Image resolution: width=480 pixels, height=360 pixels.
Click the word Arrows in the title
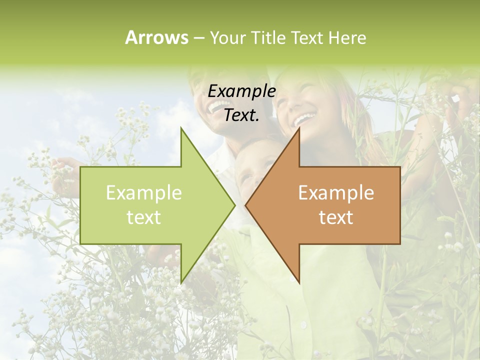(x=156, y=37)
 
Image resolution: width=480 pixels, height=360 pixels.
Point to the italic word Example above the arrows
(x=241, y=91)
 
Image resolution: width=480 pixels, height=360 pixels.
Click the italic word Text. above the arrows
(x=241, y=115)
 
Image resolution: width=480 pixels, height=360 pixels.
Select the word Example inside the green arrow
(x=143, y=193)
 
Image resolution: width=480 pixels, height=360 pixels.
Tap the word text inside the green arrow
(x=143, y=217)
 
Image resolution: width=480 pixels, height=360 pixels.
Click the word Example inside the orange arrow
(x=336, y=193)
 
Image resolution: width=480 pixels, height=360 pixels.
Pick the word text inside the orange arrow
(x=336, y=217)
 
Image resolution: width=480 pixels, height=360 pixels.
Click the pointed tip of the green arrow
(x=234, y=205)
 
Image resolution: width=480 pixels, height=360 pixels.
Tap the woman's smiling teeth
(x=304, y=119)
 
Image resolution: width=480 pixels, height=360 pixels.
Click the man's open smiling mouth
(x=217, y=106)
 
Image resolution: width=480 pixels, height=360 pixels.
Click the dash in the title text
(x=198, y=38)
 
